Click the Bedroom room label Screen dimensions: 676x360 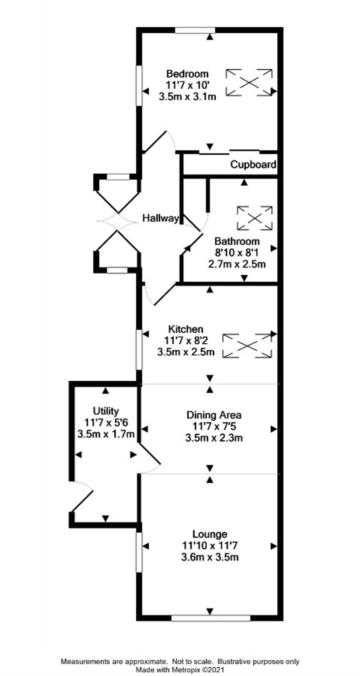pos(187,74)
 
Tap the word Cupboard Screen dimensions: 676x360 pos(253,164)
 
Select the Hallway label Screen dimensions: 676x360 pos(161,218)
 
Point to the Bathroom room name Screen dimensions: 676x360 pos(237,241)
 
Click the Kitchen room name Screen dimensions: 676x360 pos(186,329)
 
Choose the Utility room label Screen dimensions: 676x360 pos(106,411)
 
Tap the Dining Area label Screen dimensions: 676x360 pos(214,415)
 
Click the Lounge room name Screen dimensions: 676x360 pos(210,534)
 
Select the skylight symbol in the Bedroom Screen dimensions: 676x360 pos(249,83)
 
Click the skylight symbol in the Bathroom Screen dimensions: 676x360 pos(255,218)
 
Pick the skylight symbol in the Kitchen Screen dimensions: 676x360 pos(247,346)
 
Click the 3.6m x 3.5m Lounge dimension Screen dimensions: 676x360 pos(210,557)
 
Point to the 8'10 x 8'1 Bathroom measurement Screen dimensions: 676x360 pos(237,253)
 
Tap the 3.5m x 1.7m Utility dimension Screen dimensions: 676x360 pos(106,434)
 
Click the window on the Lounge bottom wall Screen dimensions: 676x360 pos(211,618)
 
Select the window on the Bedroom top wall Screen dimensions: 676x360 pos(195,30)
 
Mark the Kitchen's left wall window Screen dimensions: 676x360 pos(139,350)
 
